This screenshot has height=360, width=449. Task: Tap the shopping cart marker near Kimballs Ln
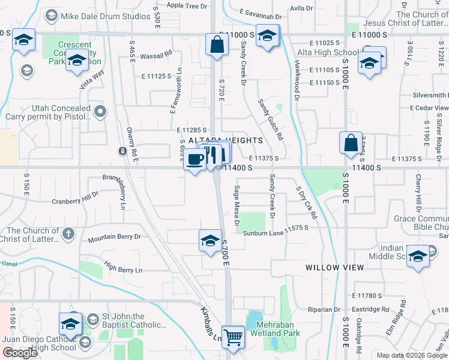click(x=233, y=337)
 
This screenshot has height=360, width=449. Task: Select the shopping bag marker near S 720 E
click(x=216, y=44)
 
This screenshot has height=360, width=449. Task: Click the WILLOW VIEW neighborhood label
click(x=334, y=268)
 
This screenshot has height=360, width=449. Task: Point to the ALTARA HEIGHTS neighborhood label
click(x=226, y=140)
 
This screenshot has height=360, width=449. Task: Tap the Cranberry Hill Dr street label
click(x=75, y=199)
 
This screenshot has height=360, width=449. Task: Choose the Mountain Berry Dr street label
click(x=114, y=238)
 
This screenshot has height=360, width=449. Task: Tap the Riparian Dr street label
click(x=323, y=310)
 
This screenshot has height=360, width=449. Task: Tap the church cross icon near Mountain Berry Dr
click(x=68, y=233)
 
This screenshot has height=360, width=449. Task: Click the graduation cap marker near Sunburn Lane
click(x=209, y=241)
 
